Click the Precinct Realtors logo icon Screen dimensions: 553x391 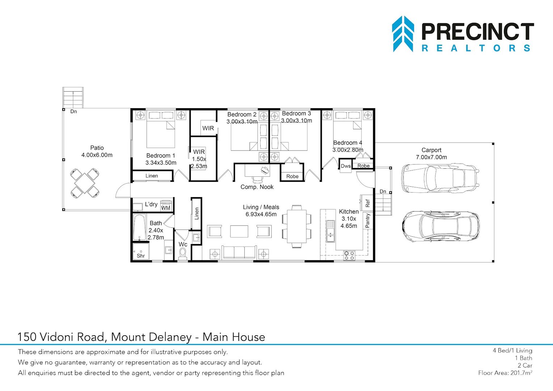pyautogui.click(x=403, y=34)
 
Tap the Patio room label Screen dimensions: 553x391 pyautogui.click(x=97, y=148)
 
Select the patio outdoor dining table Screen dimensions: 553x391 pyautogui.click(x=85, y=183)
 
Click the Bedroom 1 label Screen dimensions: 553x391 pyautogui.click(x=160, y=156)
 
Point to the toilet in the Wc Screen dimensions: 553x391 pyautogui.click(x=183, y=253)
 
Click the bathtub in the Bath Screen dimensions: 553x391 pyautogui.click(x=139, y=227)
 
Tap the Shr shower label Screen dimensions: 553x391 pyautogui.click(x=141, y=256)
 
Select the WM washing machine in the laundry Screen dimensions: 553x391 pyautogui.click(x=165, y=206)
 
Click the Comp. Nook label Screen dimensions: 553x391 pyautogui.click(x=257, y=187)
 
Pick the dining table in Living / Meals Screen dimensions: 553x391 pyautogui.click(x=296, y=226)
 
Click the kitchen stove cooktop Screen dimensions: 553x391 pyautogui.click(x=349, y=255)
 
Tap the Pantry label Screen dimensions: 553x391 pyautogui.click(x=367, y=220)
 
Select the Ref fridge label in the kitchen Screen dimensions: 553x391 pyautogui.click(x=368, y=203)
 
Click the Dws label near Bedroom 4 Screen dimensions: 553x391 pyautogui.click(x=346, y=166)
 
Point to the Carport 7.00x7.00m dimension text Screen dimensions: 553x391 pyautogui.click(x=431, y=157)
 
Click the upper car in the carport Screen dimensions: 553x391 pyautogui.click(x=440, y=178)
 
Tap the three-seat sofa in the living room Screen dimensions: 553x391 pyautogui.click(x=239, y=252)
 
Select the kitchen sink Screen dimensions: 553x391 pyautogui.click(x=330, y=231)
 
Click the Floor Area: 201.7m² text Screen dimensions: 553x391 pyautogui.click(x=505, y=373)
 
